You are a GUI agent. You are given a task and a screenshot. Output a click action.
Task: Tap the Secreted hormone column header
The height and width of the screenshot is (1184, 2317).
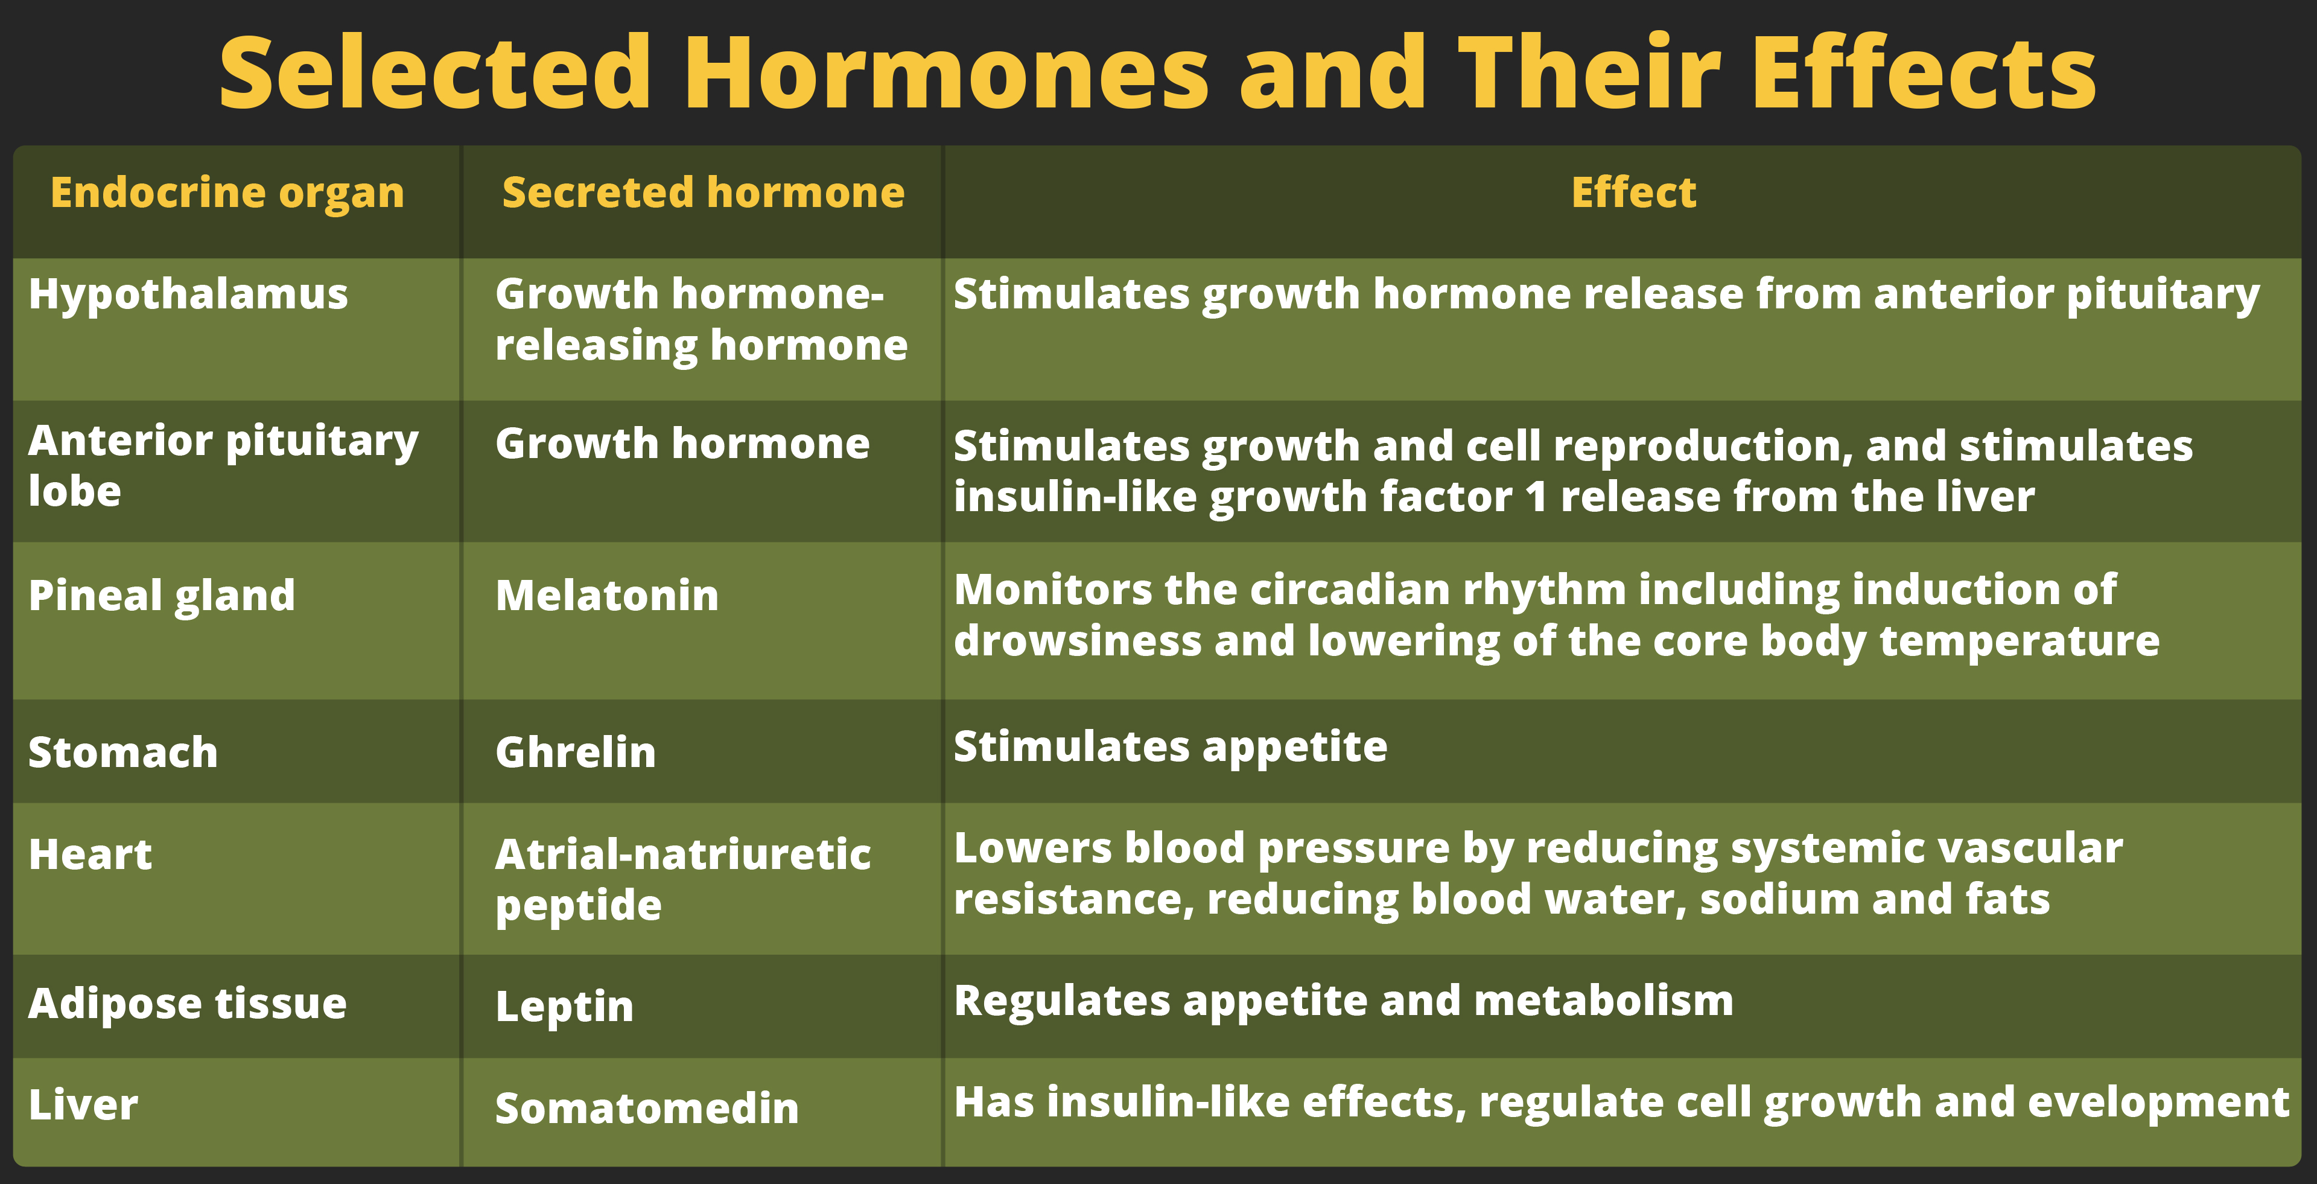pyautogui.click(x=704, y=193)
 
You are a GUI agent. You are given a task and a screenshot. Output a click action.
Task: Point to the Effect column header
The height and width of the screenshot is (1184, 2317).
pyautogui.click(x=1633, y=193)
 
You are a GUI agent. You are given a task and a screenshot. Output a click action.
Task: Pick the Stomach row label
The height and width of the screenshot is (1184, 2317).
pyautogui.click(x=123, y=752)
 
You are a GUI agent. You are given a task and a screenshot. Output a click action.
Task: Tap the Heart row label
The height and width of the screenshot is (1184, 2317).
pyautogui.click(x=90, y=855)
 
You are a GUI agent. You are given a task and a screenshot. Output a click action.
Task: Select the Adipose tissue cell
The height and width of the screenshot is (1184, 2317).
pyautogui.click(x=187, y=1005)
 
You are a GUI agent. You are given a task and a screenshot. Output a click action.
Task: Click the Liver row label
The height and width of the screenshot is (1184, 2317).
pyautogui.click(x=83, y=1105)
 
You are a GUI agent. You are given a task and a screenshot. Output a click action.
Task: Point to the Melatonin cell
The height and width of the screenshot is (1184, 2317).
pyautogui.click(x=607, y=596)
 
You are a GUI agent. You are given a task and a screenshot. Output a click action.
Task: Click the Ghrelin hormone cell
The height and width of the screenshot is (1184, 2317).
pyautogui.click(x=576, y=752)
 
